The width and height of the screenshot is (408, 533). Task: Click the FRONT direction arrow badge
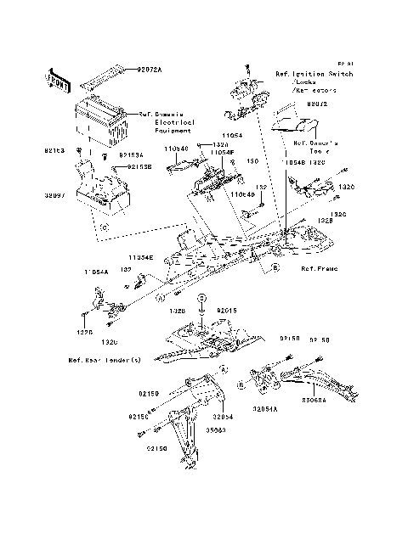(57, 80)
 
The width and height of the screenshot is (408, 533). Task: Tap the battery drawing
(101, 118)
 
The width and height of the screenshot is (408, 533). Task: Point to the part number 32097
(54, 194)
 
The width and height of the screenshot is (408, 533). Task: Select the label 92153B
(139, 167)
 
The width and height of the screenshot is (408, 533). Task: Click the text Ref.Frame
(318, 268)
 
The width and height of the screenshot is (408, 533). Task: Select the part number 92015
(229, 311)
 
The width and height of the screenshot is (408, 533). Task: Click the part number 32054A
(267, 407)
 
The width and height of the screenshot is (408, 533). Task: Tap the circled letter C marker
(103, 229)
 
